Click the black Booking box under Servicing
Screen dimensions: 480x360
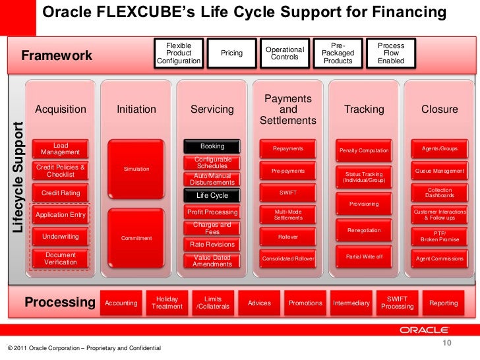pyautogui.click(x=212, y=146)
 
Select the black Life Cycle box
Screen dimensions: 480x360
pyautogui.click(x=212, y=195)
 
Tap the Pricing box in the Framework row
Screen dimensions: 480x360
pyautogui.click(x=231, y=53)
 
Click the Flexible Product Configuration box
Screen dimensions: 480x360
pyautogui.click(x=179, y=53)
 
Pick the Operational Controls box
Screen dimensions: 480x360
pyautogui.click(x=285, y=53)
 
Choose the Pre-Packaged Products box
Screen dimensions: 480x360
pyautogui.click(x=338, y=53)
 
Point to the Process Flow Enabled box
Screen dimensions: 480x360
pyautogui.click(x=392, y=53)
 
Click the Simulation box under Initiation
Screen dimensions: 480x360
pyautogui.click(x=136, y=169)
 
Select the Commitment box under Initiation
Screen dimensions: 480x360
pyautogui.click(x=136, y=238)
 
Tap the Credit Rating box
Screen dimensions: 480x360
pyautogui.click(x=61, y=193)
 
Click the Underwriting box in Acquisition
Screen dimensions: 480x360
pyautogui.click(x=61, y=236)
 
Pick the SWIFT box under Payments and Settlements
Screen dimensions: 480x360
pyautogui.click(x=288, y=193)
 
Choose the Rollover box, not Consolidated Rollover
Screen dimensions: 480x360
pyautogui.click(x=288, y=236)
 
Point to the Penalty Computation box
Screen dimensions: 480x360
pyautogui.click(x=364, y=151)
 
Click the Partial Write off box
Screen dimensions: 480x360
pyautogui.click(x=364, y=256)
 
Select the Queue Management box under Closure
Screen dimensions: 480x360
pyautogui.click(x=440, y=171)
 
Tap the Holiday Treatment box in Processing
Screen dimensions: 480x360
pyautogui.click(x=167, y=303)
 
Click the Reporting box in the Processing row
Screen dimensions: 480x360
pyautogui.click(x=443, y=303)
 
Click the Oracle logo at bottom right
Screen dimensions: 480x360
pyautogui.click(x=424, y=330)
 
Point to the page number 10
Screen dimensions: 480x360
pyautogui.click(x=445, y=343)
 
